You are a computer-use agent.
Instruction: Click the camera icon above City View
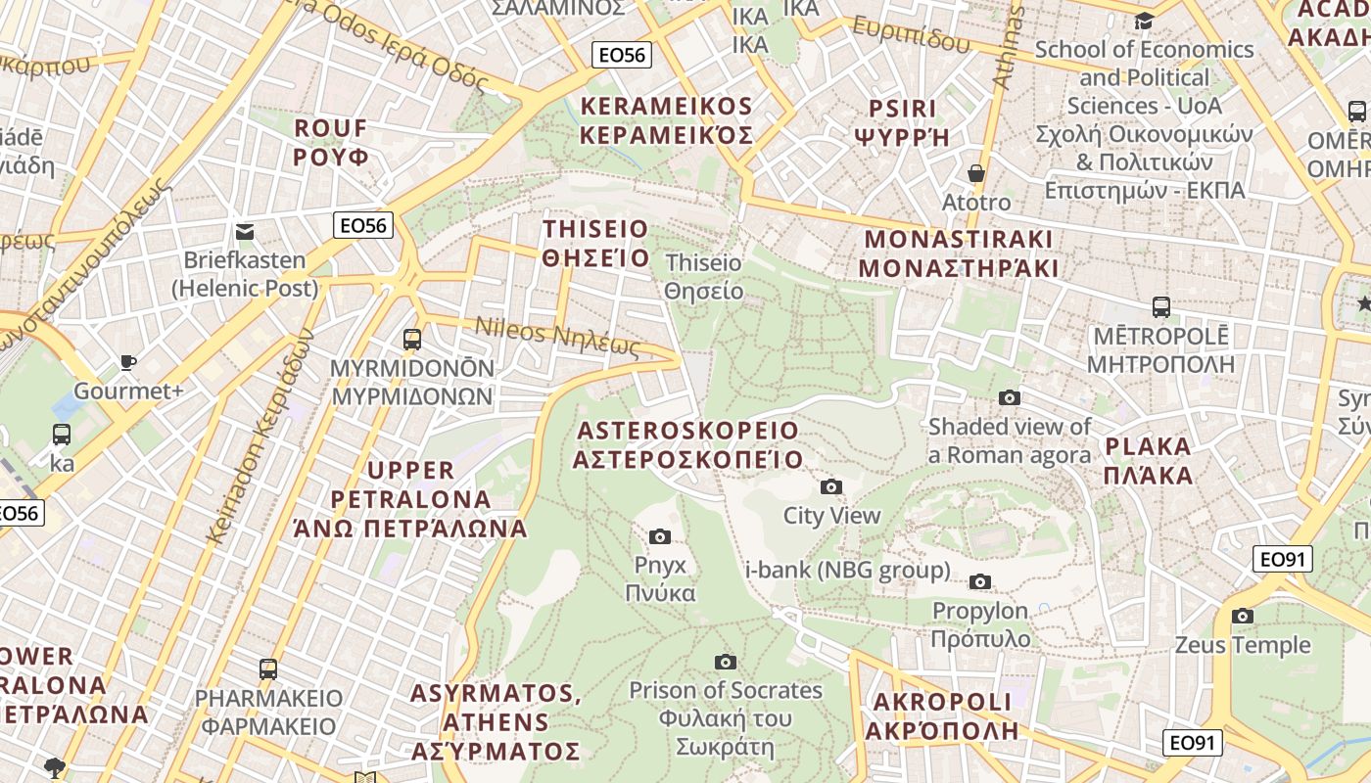coord(830,486)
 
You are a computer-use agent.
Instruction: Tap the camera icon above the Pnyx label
coord(660,536)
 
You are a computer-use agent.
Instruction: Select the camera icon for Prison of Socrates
coord(725,662)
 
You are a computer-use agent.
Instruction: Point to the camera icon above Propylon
coord(979,581)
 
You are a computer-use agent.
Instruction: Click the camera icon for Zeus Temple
coord(1243,616)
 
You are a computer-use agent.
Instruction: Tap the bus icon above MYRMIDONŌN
coord(412,340)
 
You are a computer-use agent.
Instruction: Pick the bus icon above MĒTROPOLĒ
coord(1161,306)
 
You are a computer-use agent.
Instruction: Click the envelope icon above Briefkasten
coord(245,232)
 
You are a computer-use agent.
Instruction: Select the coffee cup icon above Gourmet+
coord(127,362)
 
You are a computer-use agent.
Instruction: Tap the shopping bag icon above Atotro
coord(975,173)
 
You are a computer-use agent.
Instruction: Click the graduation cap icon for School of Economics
coord(1144,22)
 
